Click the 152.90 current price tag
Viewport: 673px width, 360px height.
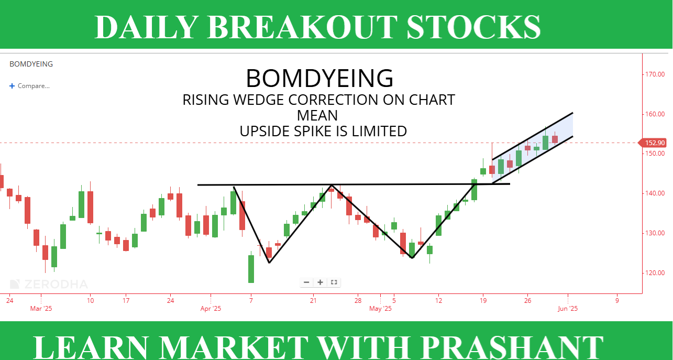(x=653, y=143)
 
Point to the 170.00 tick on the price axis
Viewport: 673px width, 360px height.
(x=655, y=74)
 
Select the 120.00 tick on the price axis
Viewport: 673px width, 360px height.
(x=655, y=273)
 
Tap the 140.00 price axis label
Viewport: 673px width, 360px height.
(x=655, y=193)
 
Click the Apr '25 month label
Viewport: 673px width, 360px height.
(x=211, y=309)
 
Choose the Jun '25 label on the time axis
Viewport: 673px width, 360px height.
(x=568, y=309)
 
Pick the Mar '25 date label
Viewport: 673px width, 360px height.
(x=41, y=309)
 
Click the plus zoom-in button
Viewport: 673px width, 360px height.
(x=321, y=282)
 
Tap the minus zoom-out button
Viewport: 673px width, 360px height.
(x=306, y=282)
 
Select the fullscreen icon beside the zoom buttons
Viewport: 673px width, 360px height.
(x=334, y=282)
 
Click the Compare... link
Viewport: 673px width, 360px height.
(x=29, y=86)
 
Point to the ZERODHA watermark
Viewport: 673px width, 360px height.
(x=49, y=284)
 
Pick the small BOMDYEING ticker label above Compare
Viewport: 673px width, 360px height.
(x=31, y=64)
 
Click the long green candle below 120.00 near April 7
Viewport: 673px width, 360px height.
(x=251, y=269)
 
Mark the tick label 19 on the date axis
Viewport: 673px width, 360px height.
(x=483, y=300)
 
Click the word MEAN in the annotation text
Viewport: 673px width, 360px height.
(x=317, y=115)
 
